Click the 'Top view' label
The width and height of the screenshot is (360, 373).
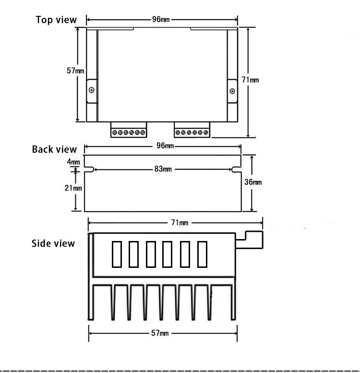(56, 20)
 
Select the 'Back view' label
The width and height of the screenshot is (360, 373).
(54, 149)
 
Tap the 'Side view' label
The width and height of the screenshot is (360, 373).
(53, 243)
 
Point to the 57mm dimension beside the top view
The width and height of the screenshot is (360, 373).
(75, 71)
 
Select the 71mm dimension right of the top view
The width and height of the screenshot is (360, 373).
(250, 80)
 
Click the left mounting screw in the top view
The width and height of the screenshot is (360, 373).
(92, 90)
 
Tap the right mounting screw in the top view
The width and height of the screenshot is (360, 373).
(232, 91)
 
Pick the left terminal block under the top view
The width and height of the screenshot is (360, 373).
(128, 131)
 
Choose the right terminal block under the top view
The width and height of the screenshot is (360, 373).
(192, 131)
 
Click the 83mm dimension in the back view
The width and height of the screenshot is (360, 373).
(163, 169)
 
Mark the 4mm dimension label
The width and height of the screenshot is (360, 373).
(73, 162)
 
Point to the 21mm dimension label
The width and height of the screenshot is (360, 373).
(73, 188)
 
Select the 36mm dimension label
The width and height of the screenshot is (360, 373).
(253, 182)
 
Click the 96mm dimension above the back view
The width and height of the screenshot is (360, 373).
(163, 146)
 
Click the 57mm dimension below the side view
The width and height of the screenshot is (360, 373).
(160, 333)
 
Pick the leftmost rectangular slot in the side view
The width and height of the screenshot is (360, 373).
(117, 254)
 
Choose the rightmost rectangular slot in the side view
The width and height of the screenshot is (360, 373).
(203, 254)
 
